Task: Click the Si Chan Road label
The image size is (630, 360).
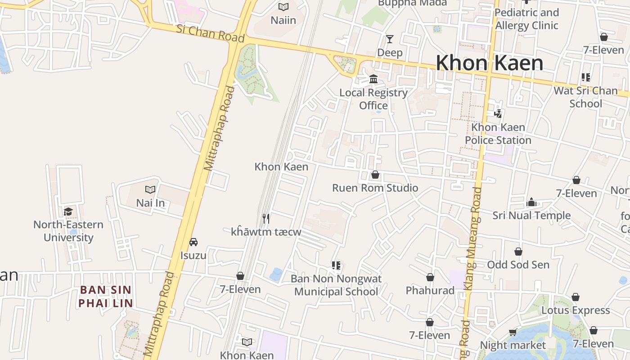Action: click(210, 33)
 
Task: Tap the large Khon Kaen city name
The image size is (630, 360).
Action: click(490, 63)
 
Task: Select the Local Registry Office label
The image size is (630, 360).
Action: click(373, 99)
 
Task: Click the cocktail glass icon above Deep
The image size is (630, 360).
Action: click(389, 39)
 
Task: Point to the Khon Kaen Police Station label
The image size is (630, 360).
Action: click(498, 134)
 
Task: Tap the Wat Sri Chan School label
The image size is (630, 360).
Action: click(585, 97)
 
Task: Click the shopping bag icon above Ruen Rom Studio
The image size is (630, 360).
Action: click(375, 175)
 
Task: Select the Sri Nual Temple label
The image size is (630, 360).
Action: click(531, 216)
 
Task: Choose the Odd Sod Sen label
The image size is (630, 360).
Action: click(518, 265)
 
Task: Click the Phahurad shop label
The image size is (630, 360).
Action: click(430, 291)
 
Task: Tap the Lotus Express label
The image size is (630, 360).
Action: click(576, 310)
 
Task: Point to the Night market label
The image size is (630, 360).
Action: click(513, 345)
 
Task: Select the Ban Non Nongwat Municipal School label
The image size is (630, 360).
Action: click(336, 285)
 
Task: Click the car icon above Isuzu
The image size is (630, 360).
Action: click(193, 242)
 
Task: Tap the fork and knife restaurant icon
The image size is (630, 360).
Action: click(266, 219)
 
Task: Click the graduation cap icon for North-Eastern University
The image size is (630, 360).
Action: click(68, 211)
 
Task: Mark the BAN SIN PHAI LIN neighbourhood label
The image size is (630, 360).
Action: click(106, 296)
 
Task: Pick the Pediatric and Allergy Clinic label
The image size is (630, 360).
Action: click(526, 19)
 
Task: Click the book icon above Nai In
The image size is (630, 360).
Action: click(150, 190)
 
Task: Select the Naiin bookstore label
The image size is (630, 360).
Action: click(283, 20)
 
